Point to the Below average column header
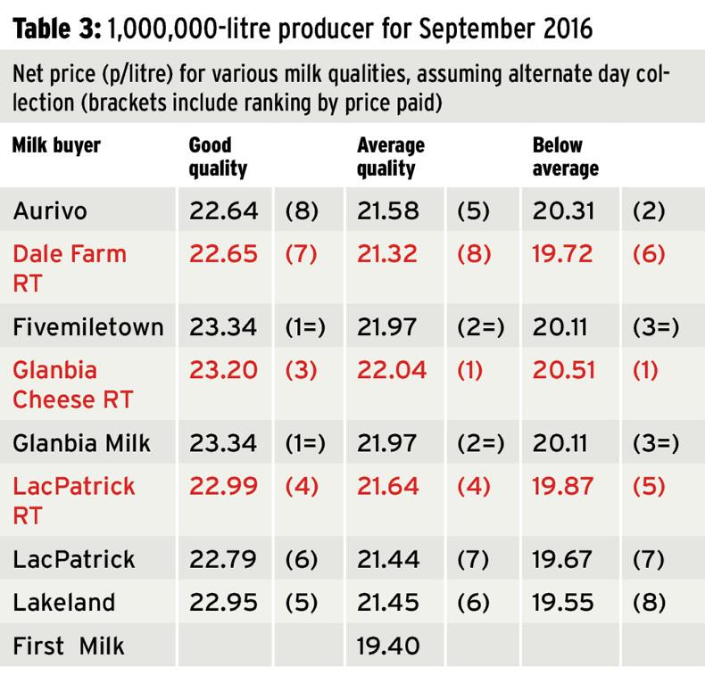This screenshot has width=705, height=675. click(565, 156)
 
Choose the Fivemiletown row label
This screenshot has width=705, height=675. click(88, 327)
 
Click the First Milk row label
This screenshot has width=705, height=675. click(70, 646)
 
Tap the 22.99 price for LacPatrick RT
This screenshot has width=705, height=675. click(223, 487)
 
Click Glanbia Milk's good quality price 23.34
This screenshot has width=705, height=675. click(223, 442)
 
